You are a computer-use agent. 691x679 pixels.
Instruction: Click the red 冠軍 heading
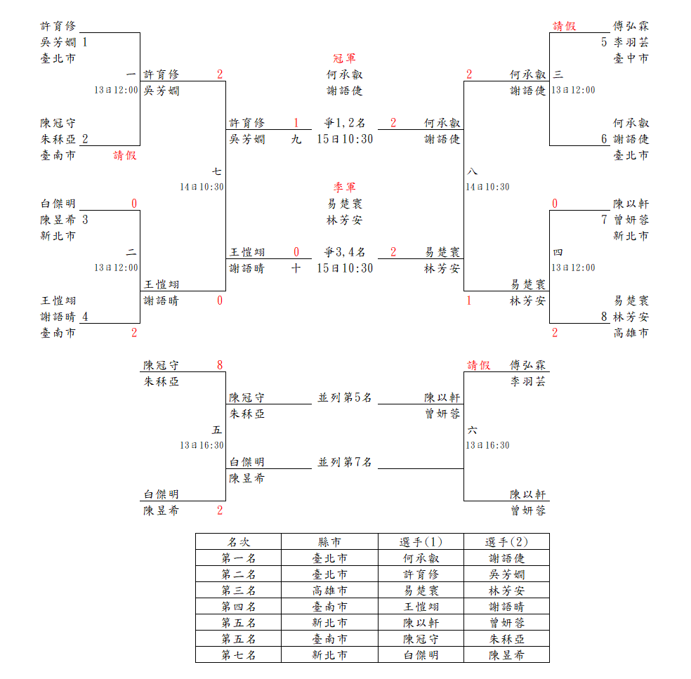tap(344, 58)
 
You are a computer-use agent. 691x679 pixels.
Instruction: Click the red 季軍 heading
tap(344, 187)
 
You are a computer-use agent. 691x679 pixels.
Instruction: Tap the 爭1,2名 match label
tap(344, 123)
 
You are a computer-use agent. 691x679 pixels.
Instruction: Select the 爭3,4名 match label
tap(344, 252)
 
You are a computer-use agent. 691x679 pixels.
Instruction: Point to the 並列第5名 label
tap(344, 398)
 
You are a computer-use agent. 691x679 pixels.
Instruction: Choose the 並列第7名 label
tap(344, 462)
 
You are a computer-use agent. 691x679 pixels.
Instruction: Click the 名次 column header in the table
tap(238, 542)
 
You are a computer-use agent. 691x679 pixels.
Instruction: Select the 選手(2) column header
tap(506, 542)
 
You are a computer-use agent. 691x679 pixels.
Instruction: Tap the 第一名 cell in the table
tap(238, 558)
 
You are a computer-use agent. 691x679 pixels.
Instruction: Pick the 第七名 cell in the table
tap(238, 655)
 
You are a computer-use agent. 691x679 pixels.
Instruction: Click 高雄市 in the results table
tap(329, 591)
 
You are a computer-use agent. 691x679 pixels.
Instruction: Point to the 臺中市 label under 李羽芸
tap(631, 58)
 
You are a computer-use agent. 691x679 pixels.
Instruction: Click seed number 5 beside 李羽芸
tap(604, 42)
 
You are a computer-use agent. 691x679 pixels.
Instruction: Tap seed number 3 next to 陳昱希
tap(85, 220)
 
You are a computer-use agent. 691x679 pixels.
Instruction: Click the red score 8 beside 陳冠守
tap(220, 365)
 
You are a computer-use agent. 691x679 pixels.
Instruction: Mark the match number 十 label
tap(296, 268)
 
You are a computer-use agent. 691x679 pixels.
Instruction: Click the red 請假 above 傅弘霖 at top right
tap(564, 26)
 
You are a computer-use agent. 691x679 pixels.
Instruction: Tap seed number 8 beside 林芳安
tap(604, 317)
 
